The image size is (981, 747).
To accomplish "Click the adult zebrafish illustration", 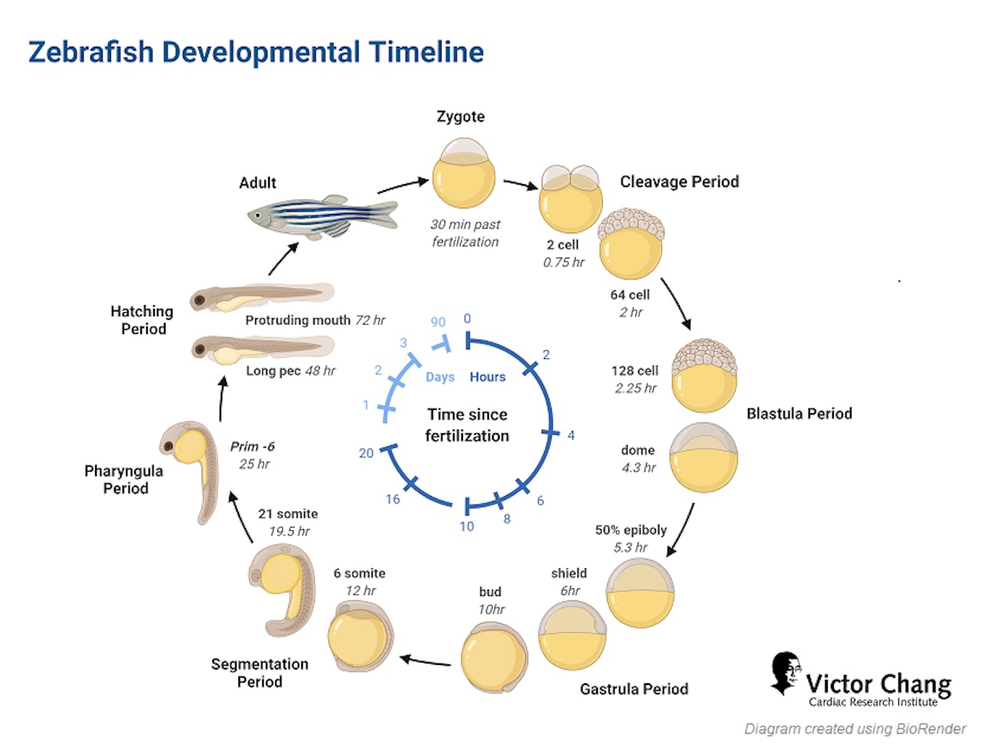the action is tap(322, 217).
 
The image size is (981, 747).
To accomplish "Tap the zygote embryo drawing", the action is tap(464, 173).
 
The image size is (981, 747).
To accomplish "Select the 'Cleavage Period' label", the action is tap(679, 182).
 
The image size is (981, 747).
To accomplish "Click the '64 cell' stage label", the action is tap(630, 295).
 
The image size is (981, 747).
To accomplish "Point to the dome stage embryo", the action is tap(703, 457).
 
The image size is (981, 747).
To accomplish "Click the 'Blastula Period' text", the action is tap(799, 413).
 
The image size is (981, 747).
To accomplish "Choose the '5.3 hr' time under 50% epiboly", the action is tap(630, 547).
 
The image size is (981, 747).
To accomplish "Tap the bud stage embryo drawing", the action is tap(494, 657).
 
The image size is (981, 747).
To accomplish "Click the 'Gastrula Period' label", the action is tap(634, 689).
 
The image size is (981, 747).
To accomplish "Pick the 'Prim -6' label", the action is tap(252, 446).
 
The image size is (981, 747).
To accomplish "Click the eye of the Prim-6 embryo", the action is tap(169, 446).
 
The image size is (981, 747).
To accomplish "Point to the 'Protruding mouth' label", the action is tap(297, 320).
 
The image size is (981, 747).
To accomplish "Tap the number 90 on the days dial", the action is tap(438, 322).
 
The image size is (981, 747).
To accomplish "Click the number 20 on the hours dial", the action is tap(366, 453).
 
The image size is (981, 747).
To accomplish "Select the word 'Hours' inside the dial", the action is tap(487, 377).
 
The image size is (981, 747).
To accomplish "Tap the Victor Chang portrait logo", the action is tap(785, 673).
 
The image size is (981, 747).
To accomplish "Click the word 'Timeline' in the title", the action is tap(426, 52).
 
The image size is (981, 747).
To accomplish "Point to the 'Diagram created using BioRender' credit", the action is tap(855, 729).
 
